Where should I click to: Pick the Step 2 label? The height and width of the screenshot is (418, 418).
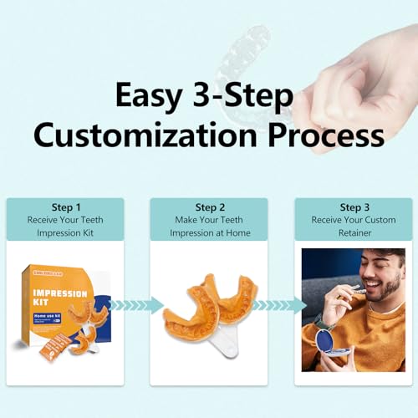coord(210,206)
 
